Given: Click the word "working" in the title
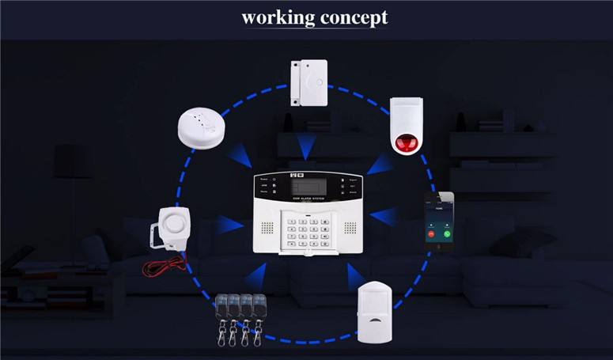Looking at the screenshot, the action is (277, 17).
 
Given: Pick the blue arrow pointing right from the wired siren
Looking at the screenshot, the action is (230, 225).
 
